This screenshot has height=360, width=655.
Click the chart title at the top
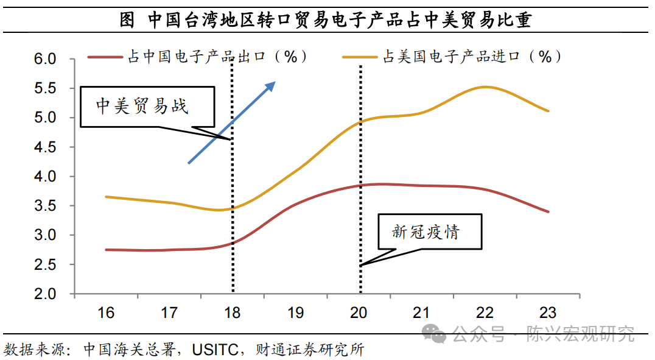point(326,19)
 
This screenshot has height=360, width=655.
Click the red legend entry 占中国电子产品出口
point(198,57)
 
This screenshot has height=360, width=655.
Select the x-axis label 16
point(106,313)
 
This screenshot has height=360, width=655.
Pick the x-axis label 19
point(295,313)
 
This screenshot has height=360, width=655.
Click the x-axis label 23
point(548,313)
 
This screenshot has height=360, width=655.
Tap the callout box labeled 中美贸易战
point(148,106)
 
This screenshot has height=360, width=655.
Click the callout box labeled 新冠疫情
point(430,231)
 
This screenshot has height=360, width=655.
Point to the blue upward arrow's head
point(273,85)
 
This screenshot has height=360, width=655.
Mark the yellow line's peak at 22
point(485,86)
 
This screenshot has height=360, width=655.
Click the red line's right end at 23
point(548,211)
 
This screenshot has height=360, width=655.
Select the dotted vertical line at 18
point(233,183)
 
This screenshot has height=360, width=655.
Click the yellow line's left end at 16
point(107,197)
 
